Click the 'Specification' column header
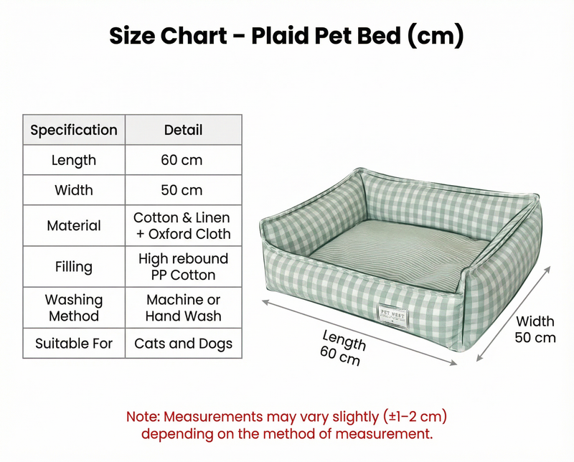coord(74,130)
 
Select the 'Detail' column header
coord(183,130)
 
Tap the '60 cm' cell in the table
coord(183,160)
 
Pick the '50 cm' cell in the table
coord(183,190)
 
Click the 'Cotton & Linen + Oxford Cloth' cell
coord(183,225)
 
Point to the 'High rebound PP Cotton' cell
coord(183,267)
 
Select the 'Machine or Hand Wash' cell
coord(183,308)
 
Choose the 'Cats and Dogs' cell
coord(183,344)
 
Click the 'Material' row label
coord(74,225)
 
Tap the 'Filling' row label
coord(74,267)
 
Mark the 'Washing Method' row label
coord(74,308)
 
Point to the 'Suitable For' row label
coord(74,344)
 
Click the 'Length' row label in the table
coord(74,160)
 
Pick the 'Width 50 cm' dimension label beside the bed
coord(535,329)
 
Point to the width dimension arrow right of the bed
coord(512,312)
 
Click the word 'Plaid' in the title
coord(283,35)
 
